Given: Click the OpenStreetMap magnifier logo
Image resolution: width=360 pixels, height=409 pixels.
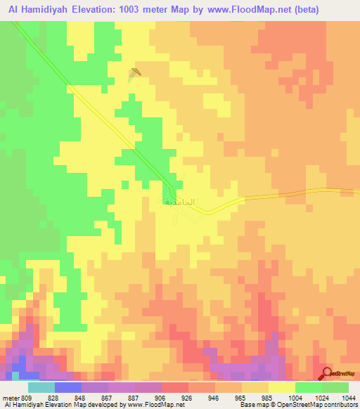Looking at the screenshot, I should [x=328, y=373].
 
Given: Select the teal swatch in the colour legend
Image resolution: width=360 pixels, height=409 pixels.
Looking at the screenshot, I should [x=41, y=387].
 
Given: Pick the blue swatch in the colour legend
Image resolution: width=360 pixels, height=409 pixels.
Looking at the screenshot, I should [x=67, y=387].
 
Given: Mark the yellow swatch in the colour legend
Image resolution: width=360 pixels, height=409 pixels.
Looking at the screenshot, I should [x=281, y=387].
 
